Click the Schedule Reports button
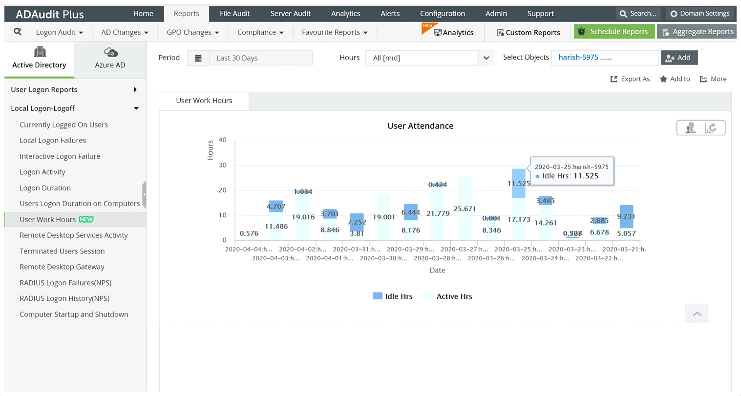tap(614, 32)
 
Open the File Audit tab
tap(234, 14)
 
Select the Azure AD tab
tap(110, 59)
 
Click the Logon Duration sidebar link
tap(45, 188)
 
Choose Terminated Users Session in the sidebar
tap(62, 251)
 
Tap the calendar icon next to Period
tap(198, 58)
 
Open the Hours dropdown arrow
tap(486, 58)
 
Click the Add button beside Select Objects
tap(679, 58)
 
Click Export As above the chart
tap(630, 79)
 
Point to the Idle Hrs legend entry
tap(393, 296)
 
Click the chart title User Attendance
tap(420, 126)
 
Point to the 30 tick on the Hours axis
tap(223, 165)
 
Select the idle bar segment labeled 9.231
tap(626, 216)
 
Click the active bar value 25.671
tap(465, 208)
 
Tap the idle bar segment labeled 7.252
tap(357, 222)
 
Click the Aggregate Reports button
tap(697, 32)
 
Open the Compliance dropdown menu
tap(260, 32)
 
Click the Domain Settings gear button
tap(699, 14)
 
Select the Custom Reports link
tap(528, 33)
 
